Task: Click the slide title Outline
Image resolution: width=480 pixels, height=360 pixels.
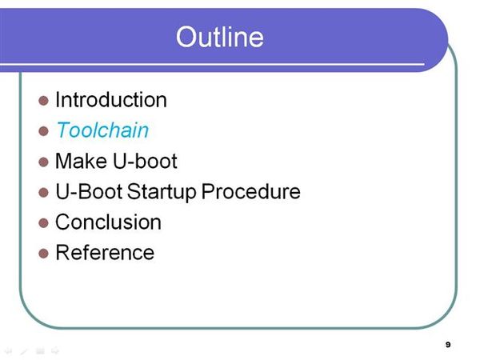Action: coord(219,37)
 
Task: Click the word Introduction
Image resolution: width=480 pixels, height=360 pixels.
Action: coord(111,100)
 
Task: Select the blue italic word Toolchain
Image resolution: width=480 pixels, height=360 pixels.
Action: coord(102,130)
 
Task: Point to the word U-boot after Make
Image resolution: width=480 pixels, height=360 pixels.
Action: coord(145,161)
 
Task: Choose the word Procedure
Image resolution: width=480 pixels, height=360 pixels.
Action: coord(251,191)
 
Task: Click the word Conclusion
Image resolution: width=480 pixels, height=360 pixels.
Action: coord(108,222)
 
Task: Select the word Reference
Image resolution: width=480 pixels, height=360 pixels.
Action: coord(105,252)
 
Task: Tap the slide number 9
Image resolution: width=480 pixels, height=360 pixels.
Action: coord(448,344)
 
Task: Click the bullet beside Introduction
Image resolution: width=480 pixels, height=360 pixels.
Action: coord(43,101)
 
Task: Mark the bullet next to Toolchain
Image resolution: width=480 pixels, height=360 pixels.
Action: coord(43,131)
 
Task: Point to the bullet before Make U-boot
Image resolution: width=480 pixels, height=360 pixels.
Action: coord(43,162)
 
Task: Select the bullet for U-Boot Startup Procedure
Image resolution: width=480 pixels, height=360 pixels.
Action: coord(43,193)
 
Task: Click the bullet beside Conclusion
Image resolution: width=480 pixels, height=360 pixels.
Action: coord(43,223)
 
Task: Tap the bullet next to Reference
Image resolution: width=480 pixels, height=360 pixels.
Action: coord(43,254)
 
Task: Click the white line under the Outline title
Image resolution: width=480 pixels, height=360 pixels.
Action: coord(212,64)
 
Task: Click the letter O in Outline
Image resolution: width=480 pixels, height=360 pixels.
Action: coord(186,37)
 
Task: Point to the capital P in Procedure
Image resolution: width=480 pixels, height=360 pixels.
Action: coord(208,191)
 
